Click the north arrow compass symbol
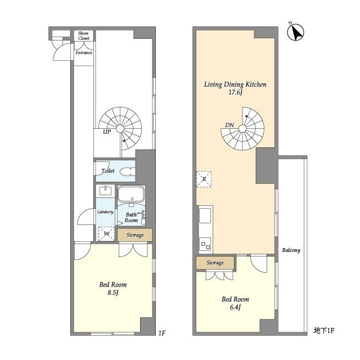tap(296, 32)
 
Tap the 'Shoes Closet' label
tap(83, 35)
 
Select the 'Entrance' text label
tap(84, 52)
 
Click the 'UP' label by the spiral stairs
tap(107, 132)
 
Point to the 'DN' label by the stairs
tap(229, 125)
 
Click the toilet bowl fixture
tap(128, 172)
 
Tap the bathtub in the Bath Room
tap(131, 194)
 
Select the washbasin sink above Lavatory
tap(106, 191)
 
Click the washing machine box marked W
tap(106, 234)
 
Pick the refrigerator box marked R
tap(204, 179)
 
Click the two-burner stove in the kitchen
tap(205, 245)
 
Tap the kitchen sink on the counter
tap(205, 215)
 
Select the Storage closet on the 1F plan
tap(135, 235)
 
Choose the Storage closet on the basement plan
tap(215, 263)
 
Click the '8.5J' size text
tap(112, 292)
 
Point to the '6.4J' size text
tap(235, 307)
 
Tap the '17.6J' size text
tap(235, 92)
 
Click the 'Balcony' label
tap(291, 250)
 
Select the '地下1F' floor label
tap(324, 331)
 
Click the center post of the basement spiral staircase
tap(242, 129)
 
